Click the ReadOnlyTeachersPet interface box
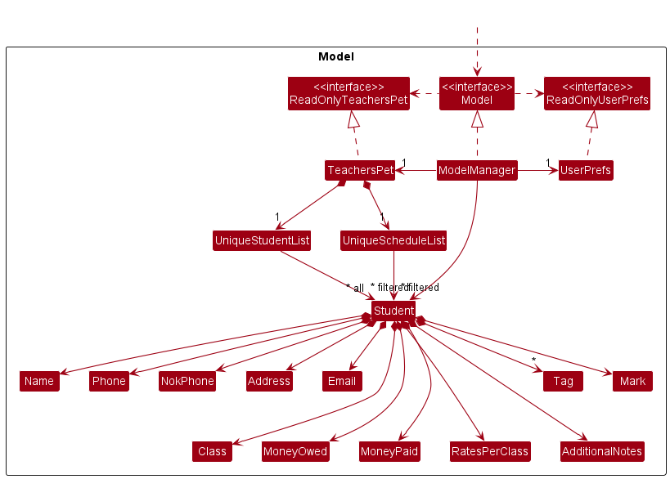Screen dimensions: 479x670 click(x=348, y=93)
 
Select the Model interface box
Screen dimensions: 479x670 click(x=477, y=93)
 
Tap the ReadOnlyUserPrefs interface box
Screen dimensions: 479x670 click(x=597, y=93)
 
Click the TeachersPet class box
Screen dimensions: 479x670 click(x=360, y=170)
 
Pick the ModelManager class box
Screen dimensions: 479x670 click(x=477, y=170)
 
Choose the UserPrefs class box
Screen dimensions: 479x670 click(x=585, y=170)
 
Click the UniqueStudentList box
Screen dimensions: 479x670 click(x=262, y=240)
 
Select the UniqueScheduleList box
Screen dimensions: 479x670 click(x=393, y=240)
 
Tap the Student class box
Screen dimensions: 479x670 click(x=393, y=311)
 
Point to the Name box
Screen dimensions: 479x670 click(x=39, y=381)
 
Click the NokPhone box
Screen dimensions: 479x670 click(x=187, y=381)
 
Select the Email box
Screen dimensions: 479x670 click(x=342, y=381)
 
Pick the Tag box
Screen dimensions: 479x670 click(x=563, y=381)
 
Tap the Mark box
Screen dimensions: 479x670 click(x=632, y=381)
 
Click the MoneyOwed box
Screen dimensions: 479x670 click(x=295, y=451)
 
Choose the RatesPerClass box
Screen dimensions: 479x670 click(x=490, y=451)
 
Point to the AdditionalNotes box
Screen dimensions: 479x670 click(x=602, y=451)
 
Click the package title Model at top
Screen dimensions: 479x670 click(x=335, y=57)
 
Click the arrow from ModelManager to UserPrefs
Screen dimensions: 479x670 click(x=537, y=170)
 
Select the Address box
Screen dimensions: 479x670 click(x=268, y=381)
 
